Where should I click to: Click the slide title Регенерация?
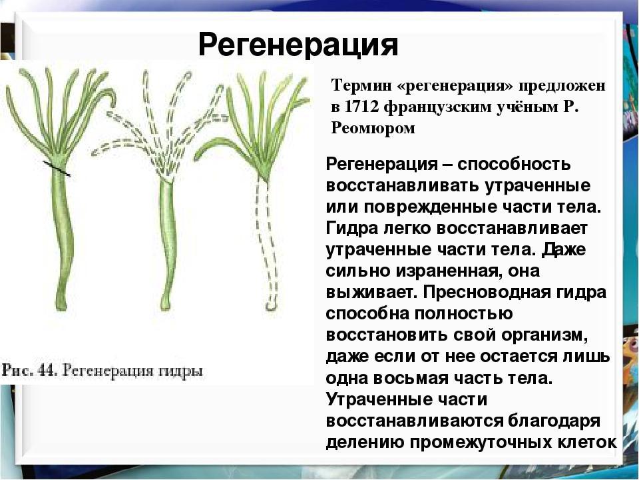pos(298,44)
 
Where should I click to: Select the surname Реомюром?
pos(373,129)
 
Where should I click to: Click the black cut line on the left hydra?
pos(57,169)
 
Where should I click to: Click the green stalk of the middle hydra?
pos(168,241)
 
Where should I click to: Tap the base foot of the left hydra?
pos(61,301)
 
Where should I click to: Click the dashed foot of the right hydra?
pos(272,304)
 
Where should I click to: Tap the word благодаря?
pos(554,421)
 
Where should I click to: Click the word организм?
pos(544,335)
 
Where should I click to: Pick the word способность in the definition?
pos(513,165)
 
